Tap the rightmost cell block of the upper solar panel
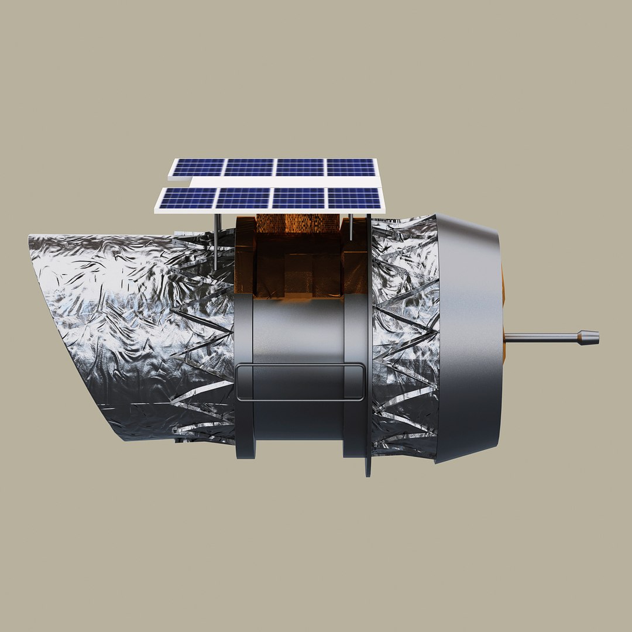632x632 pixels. click(x=351, y=167)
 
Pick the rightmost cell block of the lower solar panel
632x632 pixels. click(x=354, y=198)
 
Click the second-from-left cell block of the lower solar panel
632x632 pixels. click(x=241, y=198)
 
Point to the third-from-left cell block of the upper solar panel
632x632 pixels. click(x=300, y=167)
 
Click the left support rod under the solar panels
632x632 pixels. click(x=217, y=240)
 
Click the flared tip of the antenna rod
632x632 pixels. click(x=588, y=336)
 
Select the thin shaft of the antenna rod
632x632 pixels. click(x=538, y=336)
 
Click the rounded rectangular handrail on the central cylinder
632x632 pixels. click(x=300, y=382)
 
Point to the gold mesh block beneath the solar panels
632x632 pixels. click(x=298, y=222)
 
